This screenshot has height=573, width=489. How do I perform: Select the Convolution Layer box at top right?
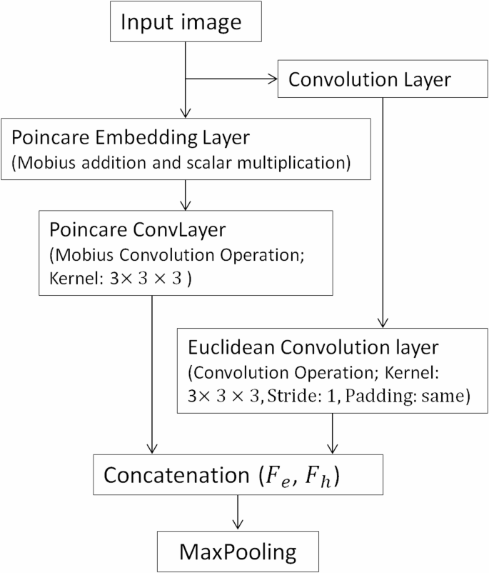[x=369, y=79]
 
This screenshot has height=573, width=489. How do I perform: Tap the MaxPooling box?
[x=238, y=551]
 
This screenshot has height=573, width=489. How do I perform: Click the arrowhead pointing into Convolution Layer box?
[x=275, y=79]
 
